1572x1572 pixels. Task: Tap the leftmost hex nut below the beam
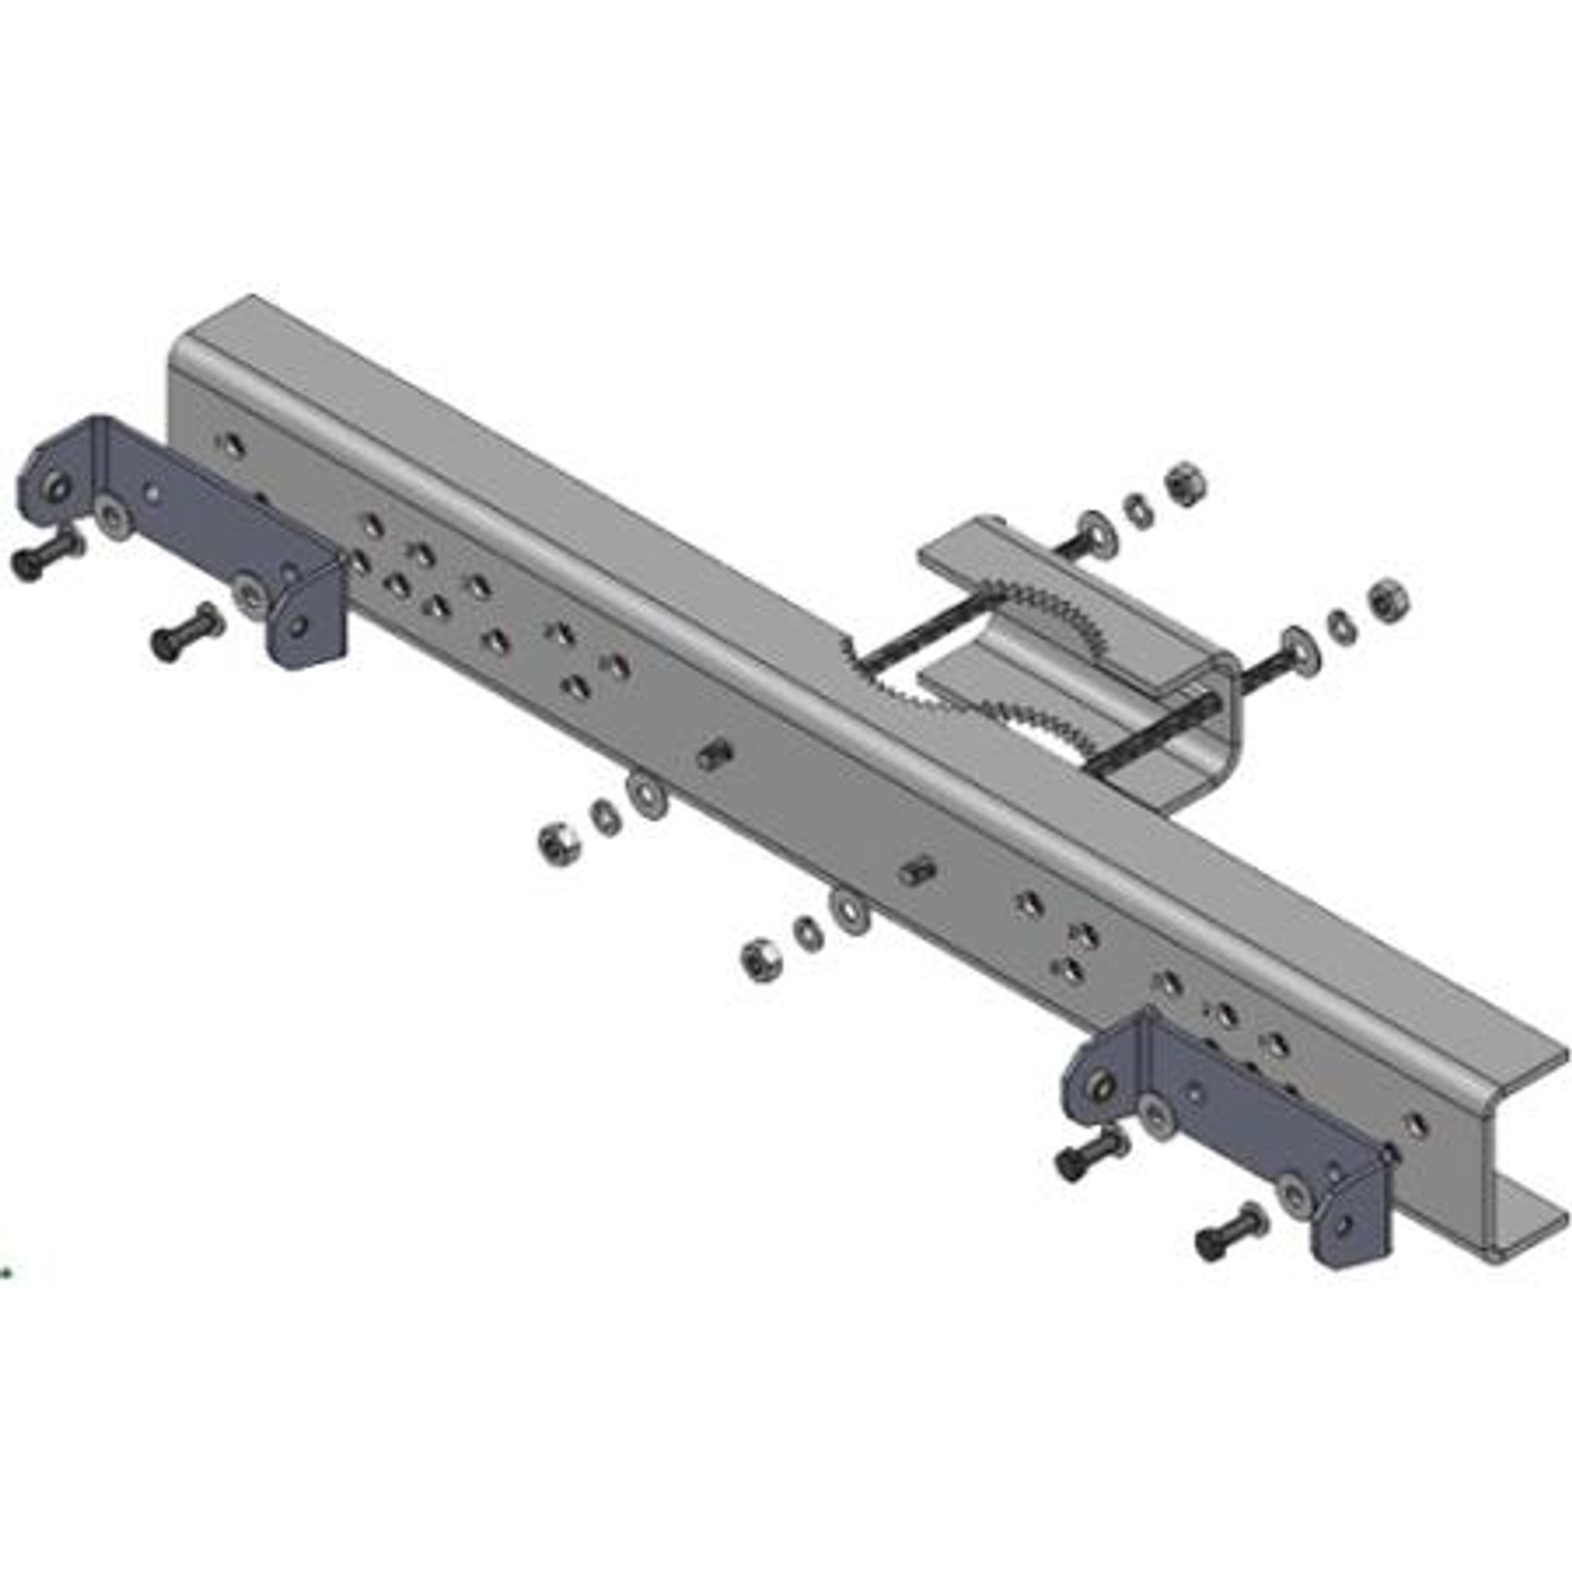coord(559,842)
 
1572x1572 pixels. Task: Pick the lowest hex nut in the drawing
coord(761,960)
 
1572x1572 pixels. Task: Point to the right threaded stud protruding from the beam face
coord(919,870)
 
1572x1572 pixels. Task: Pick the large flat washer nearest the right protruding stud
coord(850,913)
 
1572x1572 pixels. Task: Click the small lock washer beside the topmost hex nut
coord(1138,509)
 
